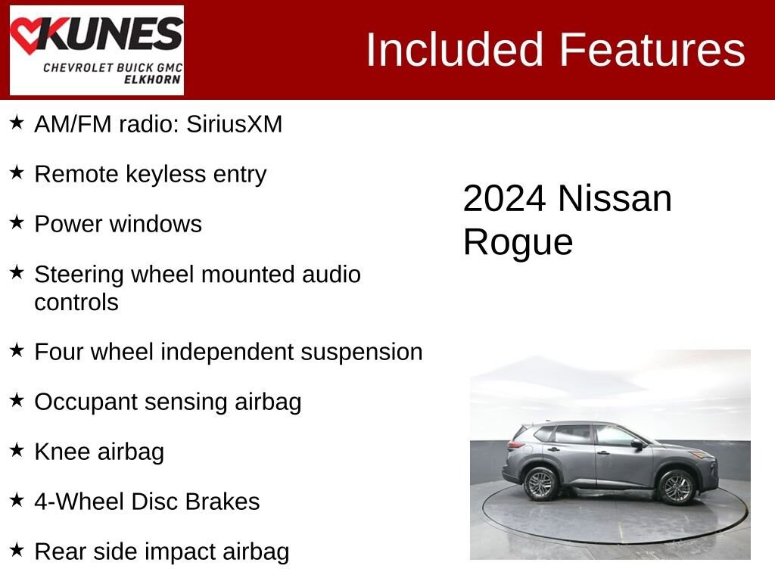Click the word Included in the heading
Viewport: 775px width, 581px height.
click(x=455, y=50)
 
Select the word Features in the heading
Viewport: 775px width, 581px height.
click(x=652, y=50)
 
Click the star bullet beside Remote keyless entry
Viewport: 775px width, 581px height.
click(x=17, y=173)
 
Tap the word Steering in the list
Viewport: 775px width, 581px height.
click(x=79, y=275)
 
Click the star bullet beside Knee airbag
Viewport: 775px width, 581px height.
click(x=17, y=450)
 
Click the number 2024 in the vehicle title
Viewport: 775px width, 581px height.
click(x=504, y=199)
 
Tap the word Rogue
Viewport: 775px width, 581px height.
click(x=518, y=243)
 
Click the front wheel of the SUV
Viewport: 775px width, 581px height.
click(x=677, y=486)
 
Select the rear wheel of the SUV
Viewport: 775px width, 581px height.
click(x=540, y=483)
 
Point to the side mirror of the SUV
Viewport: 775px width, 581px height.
click(x=637, y=446)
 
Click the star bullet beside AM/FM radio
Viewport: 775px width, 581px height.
click(x=17, y=123)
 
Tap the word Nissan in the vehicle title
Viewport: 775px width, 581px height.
click(x=615, y=199)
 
